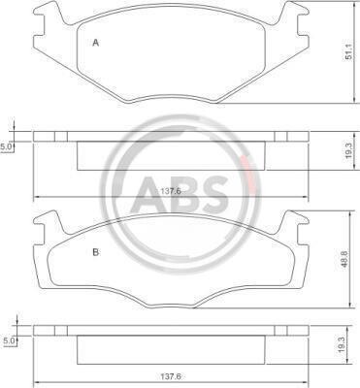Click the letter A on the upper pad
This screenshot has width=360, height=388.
[95, 43]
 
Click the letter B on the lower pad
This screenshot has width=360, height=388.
[96, 252]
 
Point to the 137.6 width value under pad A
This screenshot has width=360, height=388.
[171, 191]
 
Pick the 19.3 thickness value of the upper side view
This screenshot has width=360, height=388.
[348, 150]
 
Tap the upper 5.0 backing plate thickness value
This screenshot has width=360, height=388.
[6, 147]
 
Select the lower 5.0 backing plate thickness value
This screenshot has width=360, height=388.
[9, 340]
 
